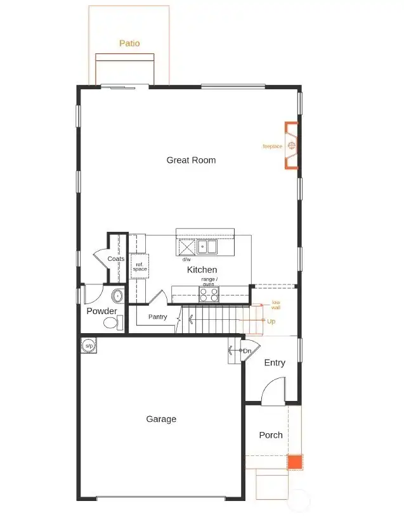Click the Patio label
pos(129,44)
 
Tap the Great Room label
pos(191,160)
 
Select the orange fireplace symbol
pos(291,146)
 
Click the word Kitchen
pos(202,270)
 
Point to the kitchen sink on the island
pos(206,246)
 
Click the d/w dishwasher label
pos(186,260)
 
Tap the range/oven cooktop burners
pos(209,295)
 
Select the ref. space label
pos(140,267)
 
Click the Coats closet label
pos(116,259)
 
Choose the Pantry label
pos(157,317)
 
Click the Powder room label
pos(101,311)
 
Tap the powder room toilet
pos(112,324)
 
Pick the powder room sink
pos(117,296)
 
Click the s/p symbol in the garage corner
pos(89,345)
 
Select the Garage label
pos(161,419)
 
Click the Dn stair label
pos(247,351)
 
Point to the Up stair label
pos(271,322)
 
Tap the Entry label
pos(275,363)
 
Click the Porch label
pos(271,435)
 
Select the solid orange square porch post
pos(294,462)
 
